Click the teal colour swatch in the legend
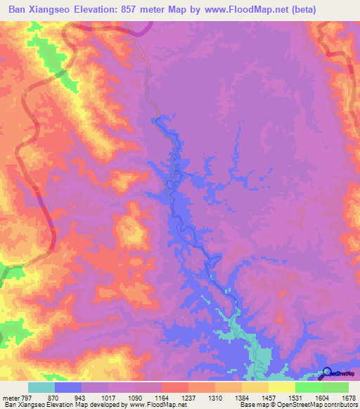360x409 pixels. pyautogui.click(x=41, y=387)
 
